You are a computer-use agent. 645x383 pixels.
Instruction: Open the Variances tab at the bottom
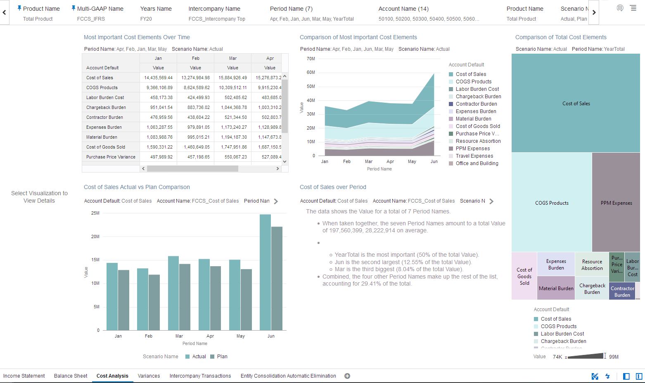149,376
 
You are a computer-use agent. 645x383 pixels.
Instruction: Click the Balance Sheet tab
71,376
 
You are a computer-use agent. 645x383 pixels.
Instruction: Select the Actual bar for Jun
265,272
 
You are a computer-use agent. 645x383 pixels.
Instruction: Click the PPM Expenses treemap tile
616,202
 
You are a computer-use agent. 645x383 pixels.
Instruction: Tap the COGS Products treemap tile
552,203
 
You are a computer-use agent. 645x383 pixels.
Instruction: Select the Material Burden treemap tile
556,288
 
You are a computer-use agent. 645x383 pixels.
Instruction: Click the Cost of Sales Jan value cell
158,78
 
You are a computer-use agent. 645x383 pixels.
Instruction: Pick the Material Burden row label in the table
102,137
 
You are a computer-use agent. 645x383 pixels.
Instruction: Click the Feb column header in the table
195,58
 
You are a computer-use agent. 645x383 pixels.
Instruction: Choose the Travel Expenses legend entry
474,156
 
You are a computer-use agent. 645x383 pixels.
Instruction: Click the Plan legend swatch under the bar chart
212,357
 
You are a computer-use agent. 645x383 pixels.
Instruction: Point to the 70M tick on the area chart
311,59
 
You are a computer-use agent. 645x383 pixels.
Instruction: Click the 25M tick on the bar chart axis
95,213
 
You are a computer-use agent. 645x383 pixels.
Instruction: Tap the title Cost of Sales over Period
333,187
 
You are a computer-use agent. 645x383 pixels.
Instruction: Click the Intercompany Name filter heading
214,9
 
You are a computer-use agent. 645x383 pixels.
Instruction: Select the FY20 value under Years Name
146,19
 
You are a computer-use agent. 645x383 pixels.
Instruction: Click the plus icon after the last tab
347,376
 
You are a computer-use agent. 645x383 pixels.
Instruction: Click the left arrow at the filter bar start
5,13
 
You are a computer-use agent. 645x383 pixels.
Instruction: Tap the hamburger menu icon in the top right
633,8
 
